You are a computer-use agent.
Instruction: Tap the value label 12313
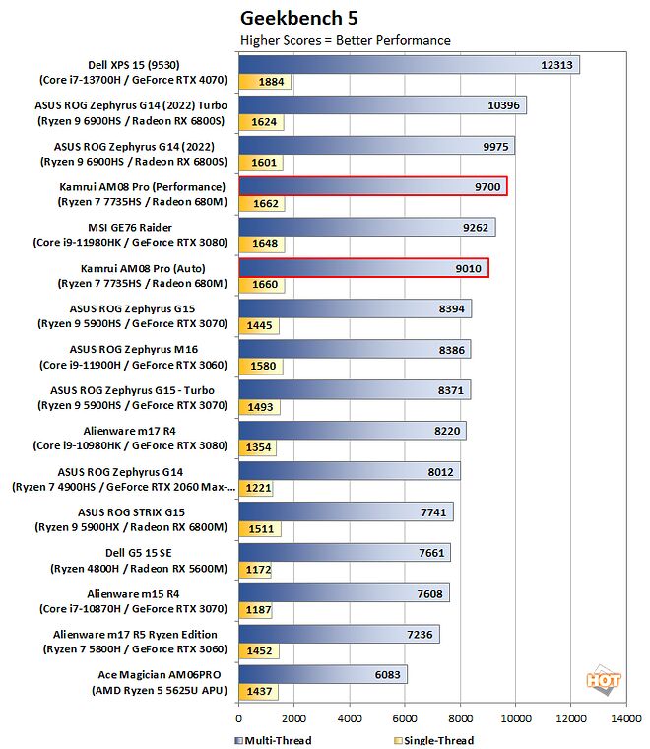pyautogui.click(x=556, y=64)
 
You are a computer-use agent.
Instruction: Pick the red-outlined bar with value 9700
pyautogui.click(x=373, y=186)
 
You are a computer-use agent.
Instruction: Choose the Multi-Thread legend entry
pyautogui.click(x=276, y=740)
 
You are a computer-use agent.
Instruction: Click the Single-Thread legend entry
pyautogui.click(x=433, y=740)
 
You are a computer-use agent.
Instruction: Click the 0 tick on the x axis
pyautogui.click(x=239, y=720)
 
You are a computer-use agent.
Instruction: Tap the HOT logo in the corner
pyautogui.click(x=602, y=680)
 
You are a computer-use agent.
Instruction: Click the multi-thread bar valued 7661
pyautogui.click(x=345, y=552)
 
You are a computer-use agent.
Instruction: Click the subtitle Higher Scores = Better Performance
pyautogui.click(x=346, y=40)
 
